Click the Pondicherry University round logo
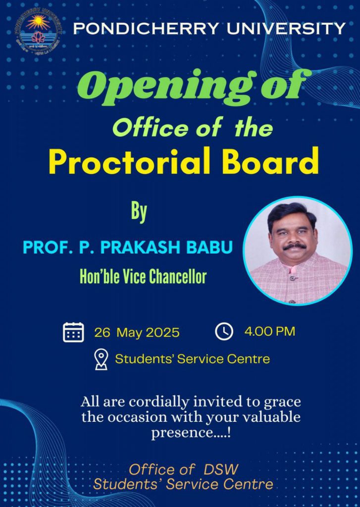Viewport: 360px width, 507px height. point(38,31)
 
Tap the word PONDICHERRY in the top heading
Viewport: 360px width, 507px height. point(146,28)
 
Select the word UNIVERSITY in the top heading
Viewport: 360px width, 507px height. point(286,28)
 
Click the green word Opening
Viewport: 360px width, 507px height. point(166,87)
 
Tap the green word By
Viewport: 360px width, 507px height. point(139,212)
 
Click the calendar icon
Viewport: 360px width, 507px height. point(73,332)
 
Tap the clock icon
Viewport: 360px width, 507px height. point(224,331)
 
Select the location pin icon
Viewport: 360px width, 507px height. point(101,359)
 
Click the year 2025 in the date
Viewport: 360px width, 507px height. point(163,333)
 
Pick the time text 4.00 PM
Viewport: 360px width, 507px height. point(269,331)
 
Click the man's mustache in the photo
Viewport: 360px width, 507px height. point(294,247)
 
